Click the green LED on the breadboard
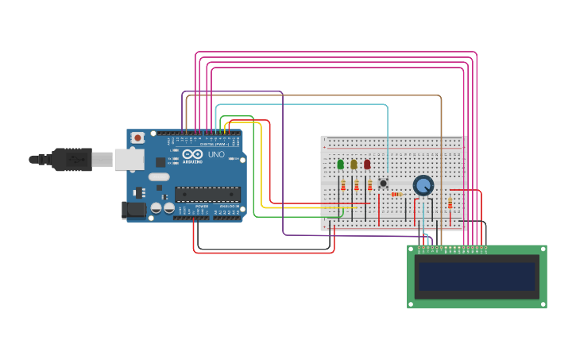point(341,165)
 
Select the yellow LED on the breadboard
point(354,165)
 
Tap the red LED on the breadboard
point(367,165)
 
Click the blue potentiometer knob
point(423,185)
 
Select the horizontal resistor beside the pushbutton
point(396,194)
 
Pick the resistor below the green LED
point(343,185)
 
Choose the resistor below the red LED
point(369,185)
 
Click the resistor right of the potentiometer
point(450,203)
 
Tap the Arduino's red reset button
point(137,137)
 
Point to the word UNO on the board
point(216,154)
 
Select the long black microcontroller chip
point(207,194)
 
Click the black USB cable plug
point(72,160)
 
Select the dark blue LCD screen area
point(477,277)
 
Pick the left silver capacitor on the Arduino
point(157,208)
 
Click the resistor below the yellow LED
point(357,185)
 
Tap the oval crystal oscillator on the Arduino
point(159,176)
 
